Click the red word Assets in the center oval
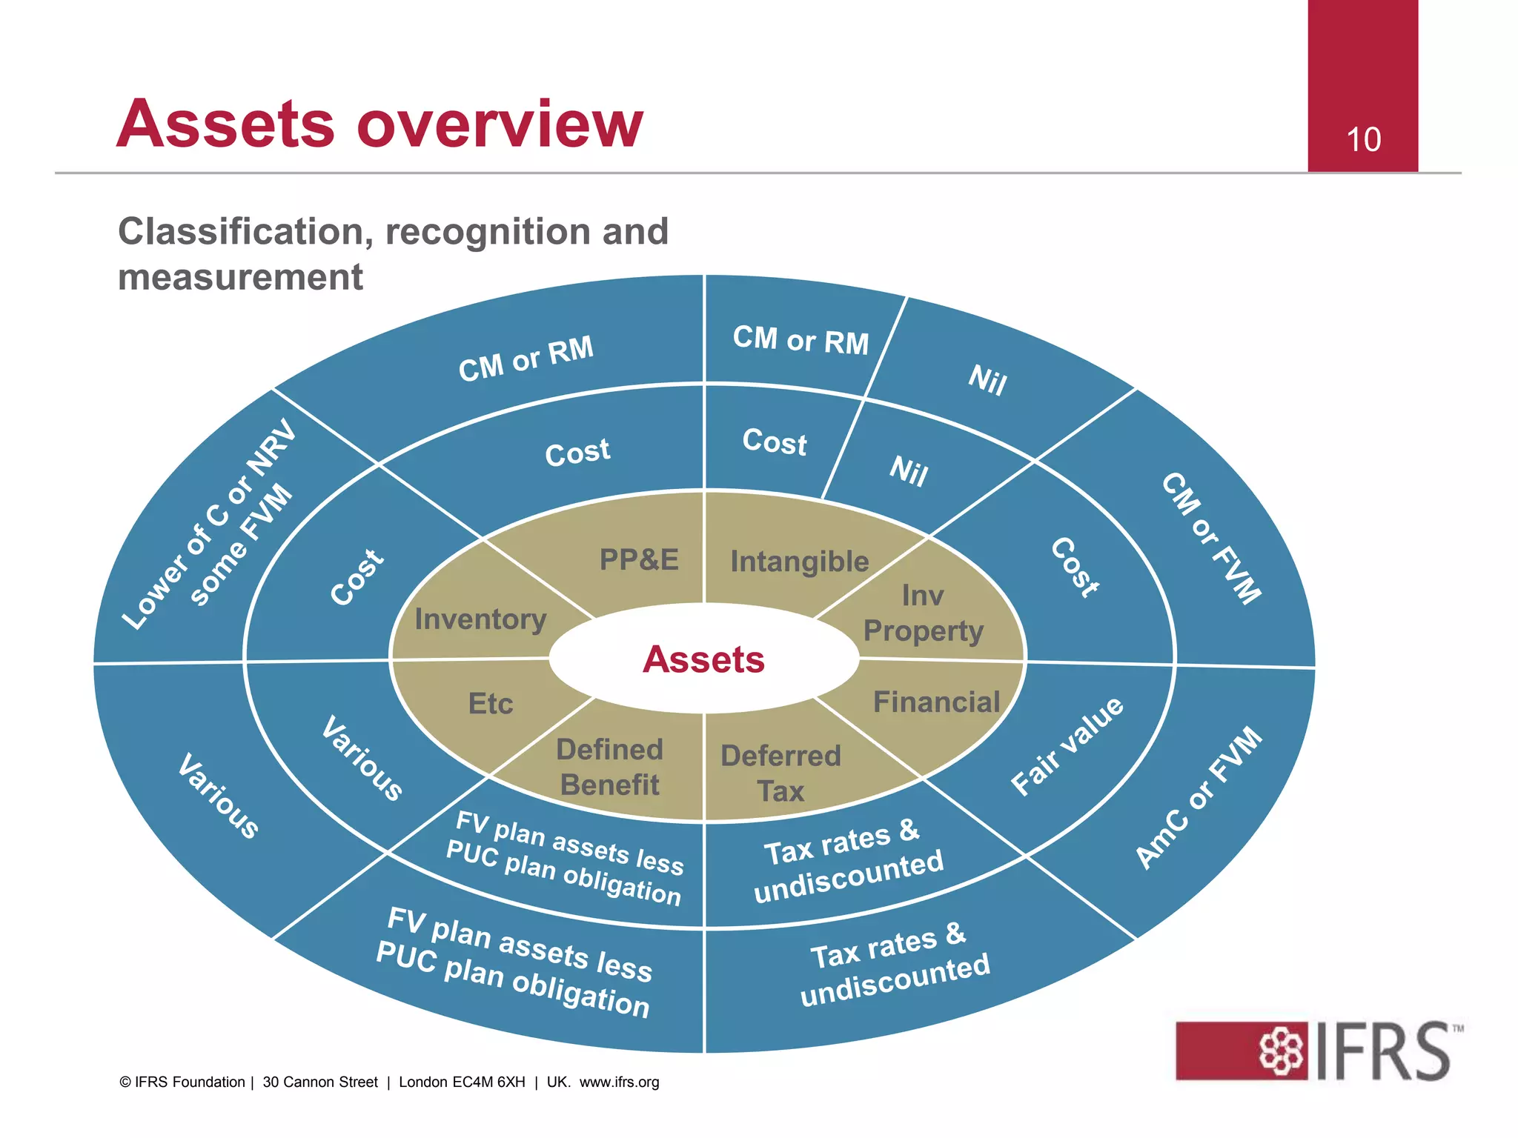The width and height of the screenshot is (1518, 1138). (703, 659)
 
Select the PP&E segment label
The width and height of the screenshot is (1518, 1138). (639, 559)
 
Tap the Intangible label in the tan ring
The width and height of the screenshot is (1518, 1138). (799, 562)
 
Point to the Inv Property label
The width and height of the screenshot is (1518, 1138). (923, 613)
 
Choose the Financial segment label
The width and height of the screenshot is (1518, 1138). (936, 702)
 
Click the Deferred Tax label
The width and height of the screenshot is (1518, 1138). (780, 773)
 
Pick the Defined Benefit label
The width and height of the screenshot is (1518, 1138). (609, 767)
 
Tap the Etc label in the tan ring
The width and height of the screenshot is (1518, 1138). (490, 703)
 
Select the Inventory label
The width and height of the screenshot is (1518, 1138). (480, 619)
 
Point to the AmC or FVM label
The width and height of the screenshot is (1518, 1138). (1199, 797)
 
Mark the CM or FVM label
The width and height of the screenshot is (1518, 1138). (1211, 538)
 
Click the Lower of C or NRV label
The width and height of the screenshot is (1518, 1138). (210, 524)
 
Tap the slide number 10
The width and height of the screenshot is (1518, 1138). (1363, 139)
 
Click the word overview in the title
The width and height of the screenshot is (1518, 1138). (500, 124)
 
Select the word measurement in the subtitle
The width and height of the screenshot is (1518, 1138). (240, 278)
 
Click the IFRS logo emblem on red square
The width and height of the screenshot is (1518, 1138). (1282, 1050)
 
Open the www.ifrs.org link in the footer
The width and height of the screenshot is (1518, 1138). (619, 1082)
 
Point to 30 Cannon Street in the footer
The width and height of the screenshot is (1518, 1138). (320, 1082)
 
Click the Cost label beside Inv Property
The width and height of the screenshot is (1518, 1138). (1075, 568)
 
